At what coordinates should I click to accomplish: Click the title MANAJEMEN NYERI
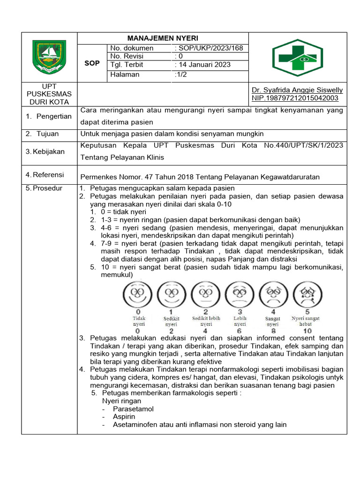click(x=163, y=38)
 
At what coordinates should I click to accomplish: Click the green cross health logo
click(x=297, y=58)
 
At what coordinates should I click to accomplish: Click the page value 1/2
click(x=180, y=75)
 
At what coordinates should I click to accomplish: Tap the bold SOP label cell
click(x=92, y=63)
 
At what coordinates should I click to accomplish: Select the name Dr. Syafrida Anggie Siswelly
click(x=297, y=90)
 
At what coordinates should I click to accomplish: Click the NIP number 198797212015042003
click(x=295, y=97)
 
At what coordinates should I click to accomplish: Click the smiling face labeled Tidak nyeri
click(x=138, y=294)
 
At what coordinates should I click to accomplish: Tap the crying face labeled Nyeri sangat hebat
click(x=307, y=294)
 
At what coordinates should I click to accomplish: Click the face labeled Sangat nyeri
click(x=273, y=294)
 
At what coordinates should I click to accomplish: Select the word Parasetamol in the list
click(x=133, y=409)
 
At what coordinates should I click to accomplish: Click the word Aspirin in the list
click(x=124, y=417)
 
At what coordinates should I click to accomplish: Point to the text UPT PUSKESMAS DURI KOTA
click(x=49, y=94)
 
